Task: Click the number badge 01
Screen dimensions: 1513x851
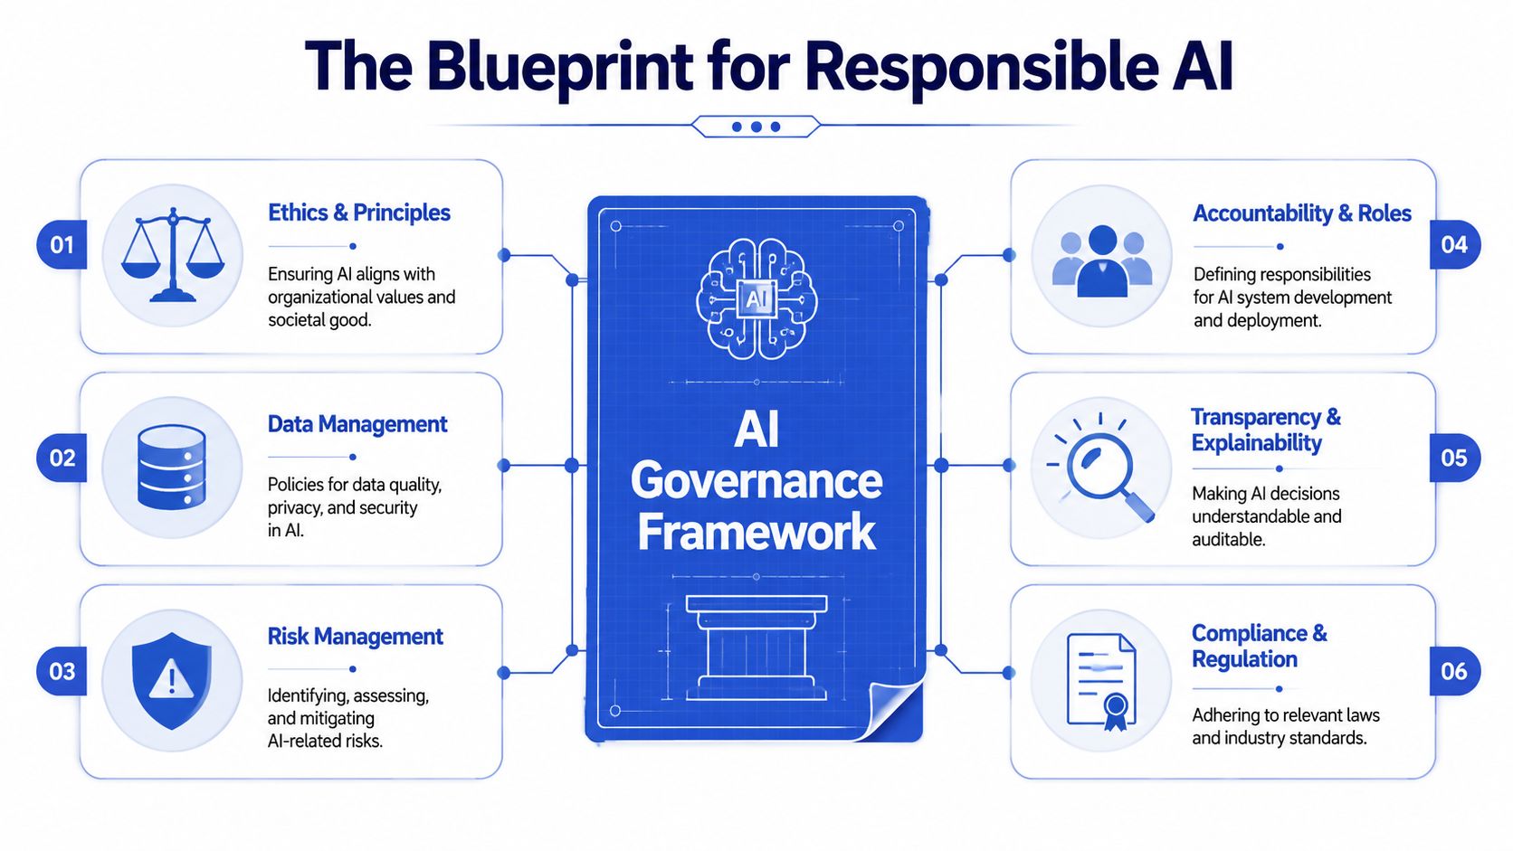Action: click(62, 244)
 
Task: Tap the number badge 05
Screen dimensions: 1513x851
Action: click(1454, 458)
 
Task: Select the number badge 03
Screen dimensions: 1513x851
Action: click(62, 671)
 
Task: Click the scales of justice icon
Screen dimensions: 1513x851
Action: click(172, 254)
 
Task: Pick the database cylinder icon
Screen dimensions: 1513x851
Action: click(172, 467)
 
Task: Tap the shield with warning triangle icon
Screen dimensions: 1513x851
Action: click(172, 680)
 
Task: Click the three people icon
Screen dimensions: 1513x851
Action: click(1102, 261)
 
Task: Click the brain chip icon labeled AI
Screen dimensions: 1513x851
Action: click(756, 299)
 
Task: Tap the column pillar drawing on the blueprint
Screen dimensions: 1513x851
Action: click(756, 648)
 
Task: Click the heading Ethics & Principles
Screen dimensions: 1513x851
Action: click(359, 213)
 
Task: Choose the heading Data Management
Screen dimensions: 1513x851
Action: click(357, 424)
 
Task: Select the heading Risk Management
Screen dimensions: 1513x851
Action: click(356, 637)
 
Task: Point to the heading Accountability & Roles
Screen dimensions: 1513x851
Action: click(1302, 213)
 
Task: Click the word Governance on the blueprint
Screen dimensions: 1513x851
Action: click(756, 481)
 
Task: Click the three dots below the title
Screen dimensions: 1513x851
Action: click(756, 127)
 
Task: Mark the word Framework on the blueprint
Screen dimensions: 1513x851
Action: click(756, 533)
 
